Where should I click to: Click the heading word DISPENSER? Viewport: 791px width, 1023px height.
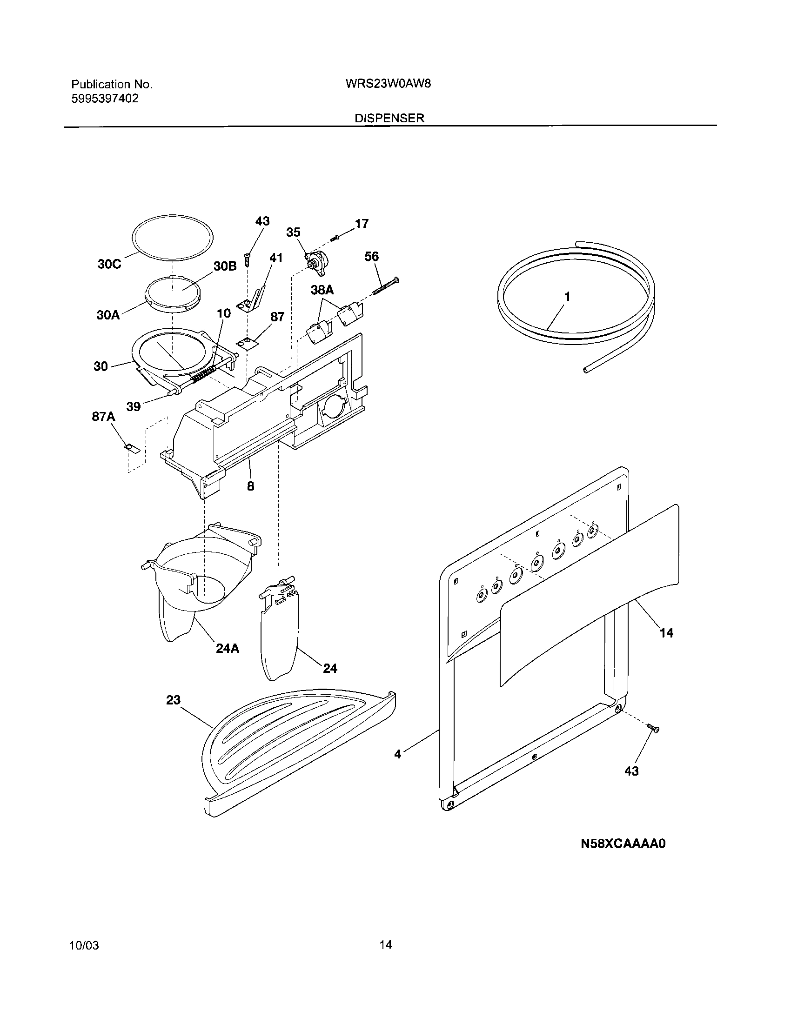pos(389,119)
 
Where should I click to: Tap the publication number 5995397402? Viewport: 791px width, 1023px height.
pos(105,99)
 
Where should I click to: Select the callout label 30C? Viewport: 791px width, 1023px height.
pos(109,264)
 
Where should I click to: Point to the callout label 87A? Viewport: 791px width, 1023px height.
pos(103,416)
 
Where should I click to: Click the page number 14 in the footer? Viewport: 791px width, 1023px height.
pos(385,958)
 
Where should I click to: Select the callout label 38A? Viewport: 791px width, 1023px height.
pos(322,290)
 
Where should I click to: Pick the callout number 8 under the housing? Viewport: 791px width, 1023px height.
pos(251,486)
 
